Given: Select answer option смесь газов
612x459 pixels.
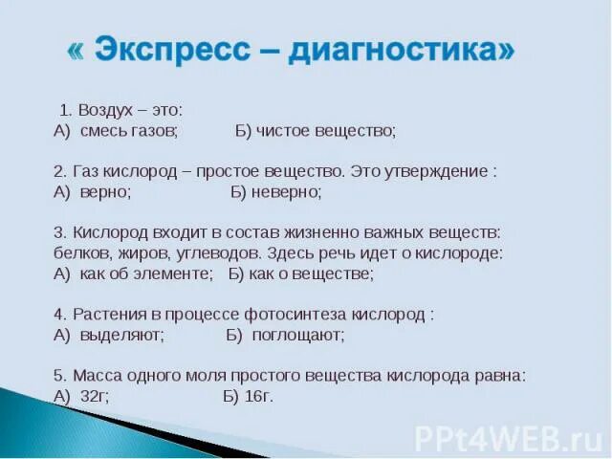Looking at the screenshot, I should [129, 130].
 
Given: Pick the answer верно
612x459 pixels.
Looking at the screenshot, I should [106, 191].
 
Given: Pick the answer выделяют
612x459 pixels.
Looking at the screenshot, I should [122, 335].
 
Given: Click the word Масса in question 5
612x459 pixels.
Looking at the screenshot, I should [96, 375].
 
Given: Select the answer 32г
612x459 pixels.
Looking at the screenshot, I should [95, 396].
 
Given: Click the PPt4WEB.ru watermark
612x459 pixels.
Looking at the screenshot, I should [508, 439].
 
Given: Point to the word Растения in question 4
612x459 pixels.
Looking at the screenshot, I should [104, 315].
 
